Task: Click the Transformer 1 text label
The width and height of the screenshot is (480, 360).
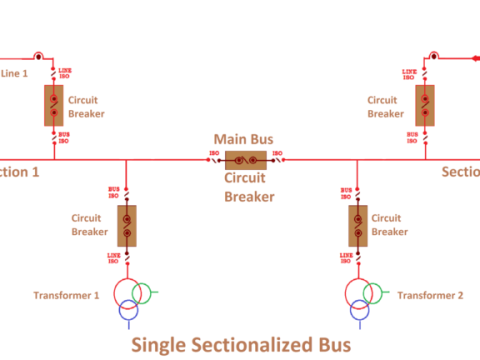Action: point(67,295)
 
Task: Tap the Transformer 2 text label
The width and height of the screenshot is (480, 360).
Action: point(430,295)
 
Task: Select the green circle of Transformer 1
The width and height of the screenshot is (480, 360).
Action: point(143,293)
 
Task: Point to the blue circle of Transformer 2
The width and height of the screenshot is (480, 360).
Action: point(356,310)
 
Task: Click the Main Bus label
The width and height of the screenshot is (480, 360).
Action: point(244,138)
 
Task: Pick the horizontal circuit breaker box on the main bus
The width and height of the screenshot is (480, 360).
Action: point(245,159)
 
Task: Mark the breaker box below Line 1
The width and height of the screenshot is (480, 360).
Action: point(54,105)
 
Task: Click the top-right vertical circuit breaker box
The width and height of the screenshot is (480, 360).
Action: point(424,105)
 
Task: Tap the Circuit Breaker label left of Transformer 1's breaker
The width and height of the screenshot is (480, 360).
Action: point(89,224)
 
